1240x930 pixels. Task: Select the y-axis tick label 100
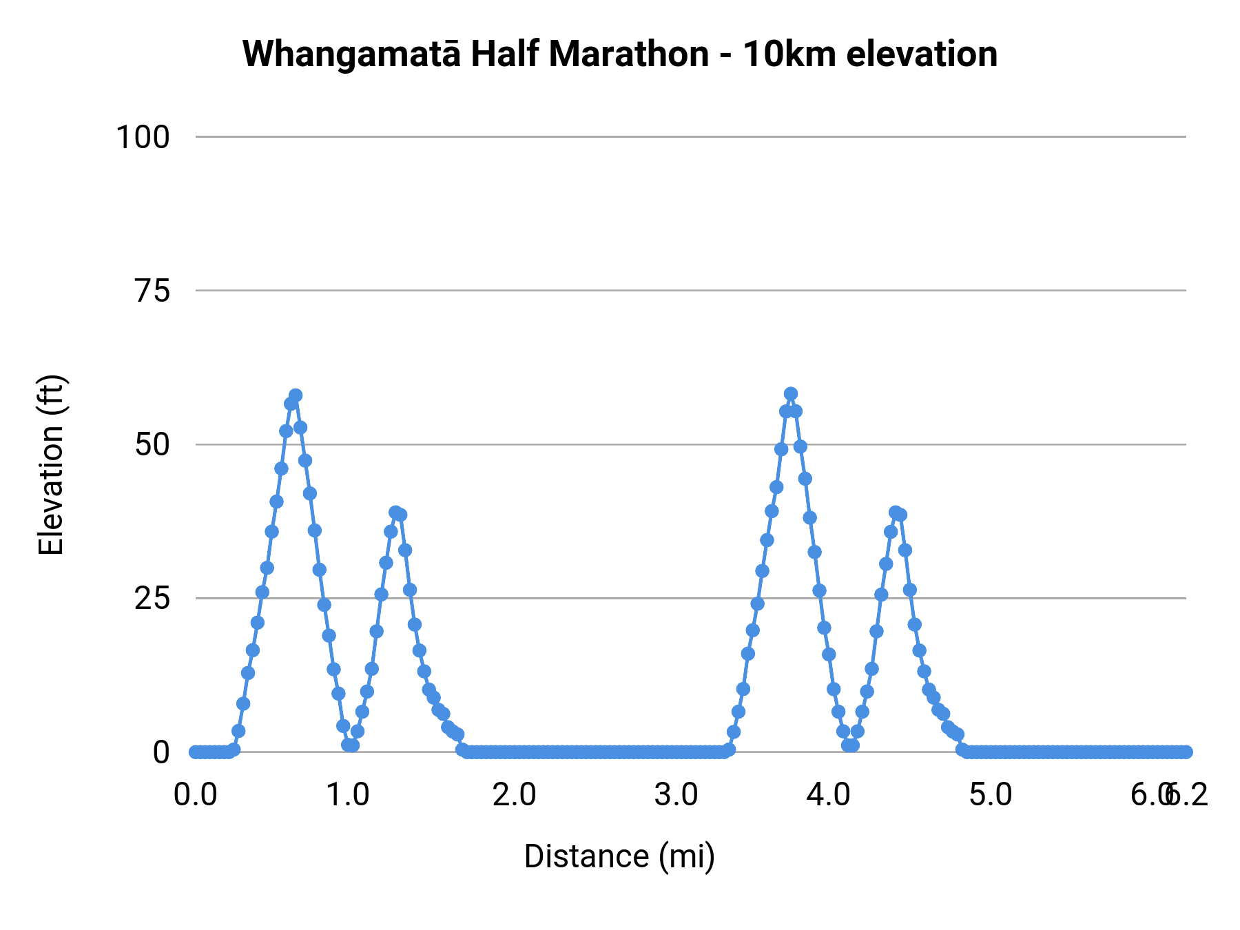142,137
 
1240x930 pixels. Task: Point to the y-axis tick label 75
152,291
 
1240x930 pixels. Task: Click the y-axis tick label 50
152,444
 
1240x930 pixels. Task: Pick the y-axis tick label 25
152,599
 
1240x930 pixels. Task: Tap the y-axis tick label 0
161,752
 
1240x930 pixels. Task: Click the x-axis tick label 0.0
196,795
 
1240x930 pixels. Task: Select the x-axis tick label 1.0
348,795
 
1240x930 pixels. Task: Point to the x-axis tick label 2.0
514,795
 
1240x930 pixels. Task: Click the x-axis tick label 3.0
676,795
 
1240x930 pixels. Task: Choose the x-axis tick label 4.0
829,795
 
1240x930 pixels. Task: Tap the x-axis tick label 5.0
991,795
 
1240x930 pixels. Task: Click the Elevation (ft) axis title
51,465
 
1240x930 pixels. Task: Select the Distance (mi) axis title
619,856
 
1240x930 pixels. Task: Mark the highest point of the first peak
296,395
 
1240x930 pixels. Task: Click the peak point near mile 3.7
791,394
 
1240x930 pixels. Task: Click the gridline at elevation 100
689,137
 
